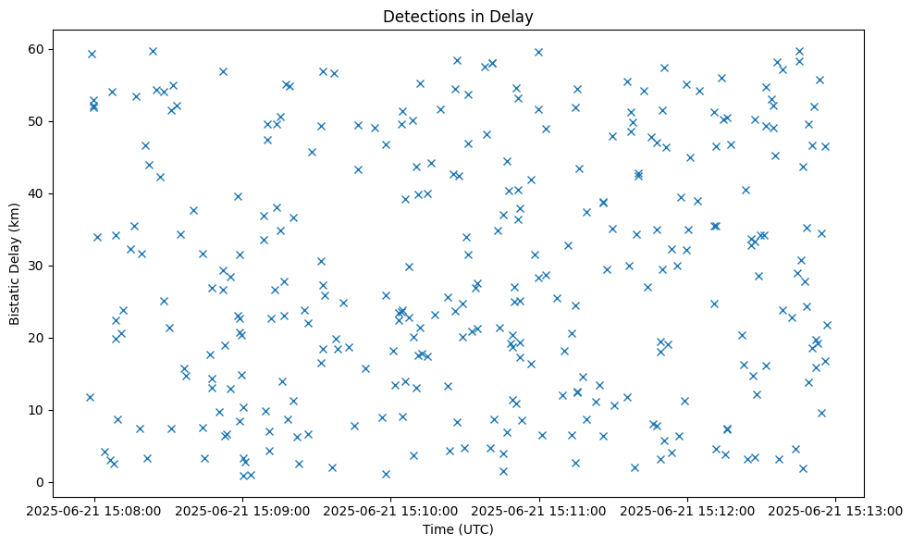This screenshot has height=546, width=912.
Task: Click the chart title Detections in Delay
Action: [x=458, y=17]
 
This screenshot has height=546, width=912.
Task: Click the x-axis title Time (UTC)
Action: [x=458, y=529]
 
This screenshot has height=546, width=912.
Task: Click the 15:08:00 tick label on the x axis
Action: [x=94, y=511]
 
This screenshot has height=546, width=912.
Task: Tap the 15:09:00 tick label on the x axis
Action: [x=242, y=511]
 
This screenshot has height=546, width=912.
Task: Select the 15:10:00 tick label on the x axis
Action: [x=390, y=511]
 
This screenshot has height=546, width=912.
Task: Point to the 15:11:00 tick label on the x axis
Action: [x=539, y=511]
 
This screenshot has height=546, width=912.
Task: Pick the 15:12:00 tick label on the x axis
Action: [x=687, y=511]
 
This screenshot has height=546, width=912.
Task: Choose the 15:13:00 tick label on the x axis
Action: [x=836, y=511]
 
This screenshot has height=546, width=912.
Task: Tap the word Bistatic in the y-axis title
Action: [x=15, y=299]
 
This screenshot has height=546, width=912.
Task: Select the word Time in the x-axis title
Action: [x=438, y=529]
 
